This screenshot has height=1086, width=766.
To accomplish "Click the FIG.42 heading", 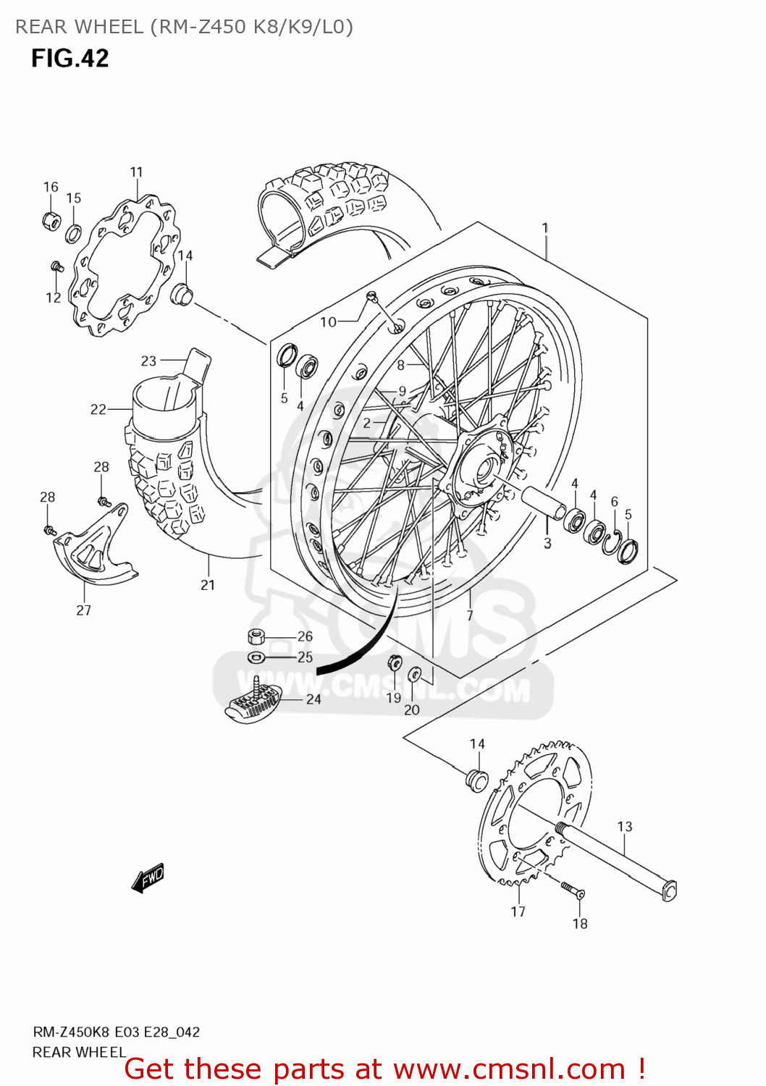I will point(70,58).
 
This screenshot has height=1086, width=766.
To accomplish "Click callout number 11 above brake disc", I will point(136,172).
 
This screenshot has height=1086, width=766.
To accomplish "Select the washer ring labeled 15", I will point(74,233).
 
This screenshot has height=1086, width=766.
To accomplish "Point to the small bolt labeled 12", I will point(56,268).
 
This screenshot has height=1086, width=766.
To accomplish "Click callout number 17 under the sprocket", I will point(518,912).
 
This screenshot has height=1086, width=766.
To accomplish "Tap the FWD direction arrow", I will point(148,878).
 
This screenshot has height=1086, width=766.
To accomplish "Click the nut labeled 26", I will point(256,637).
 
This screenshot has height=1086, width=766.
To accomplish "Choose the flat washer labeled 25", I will point(256,657).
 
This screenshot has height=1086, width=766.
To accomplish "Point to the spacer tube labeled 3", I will point(544,502).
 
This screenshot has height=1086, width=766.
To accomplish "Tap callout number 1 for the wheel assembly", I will point(545,228).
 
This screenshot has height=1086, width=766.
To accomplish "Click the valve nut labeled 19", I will point(395,662).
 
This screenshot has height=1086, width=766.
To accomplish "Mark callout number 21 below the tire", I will point(208,585).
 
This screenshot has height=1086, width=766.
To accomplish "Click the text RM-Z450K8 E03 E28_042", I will point(116,1032).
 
